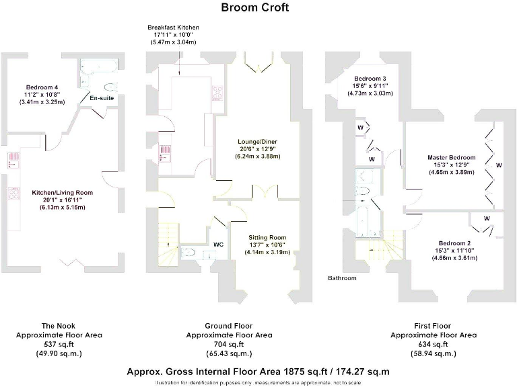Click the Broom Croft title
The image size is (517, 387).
pos(255,8)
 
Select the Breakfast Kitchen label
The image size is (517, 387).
pos(173,28)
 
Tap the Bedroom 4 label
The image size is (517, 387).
pos(42,88)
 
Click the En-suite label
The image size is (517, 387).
pos(102,99)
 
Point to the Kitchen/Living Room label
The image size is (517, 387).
pos(62,193)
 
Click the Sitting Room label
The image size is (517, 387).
pos(267,238)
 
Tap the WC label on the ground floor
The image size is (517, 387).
pos(218,245)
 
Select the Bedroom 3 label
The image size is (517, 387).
pos(370,79)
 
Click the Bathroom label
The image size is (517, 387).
pos(342,277)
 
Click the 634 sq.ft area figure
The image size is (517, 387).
pos(434,344)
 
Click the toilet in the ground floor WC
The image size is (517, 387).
pos(191,253)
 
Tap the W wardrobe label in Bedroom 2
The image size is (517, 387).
pos(487,218)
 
